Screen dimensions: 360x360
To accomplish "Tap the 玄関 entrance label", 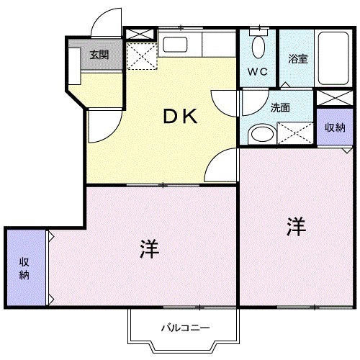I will tap(99, 55).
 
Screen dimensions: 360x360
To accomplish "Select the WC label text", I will tap(258, 71).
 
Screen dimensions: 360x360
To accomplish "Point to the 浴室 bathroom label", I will tap(297, 58).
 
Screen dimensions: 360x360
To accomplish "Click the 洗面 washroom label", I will tap(279, 108).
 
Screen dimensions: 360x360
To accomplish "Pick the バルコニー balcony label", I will tap(184, 328).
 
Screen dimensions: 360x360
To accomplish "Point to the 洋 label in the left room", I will tap(150, 250).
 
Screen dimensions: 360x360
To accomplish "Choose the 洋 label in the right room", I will tap(297, 227).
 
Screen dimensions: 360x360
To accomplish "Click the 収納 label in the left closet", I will tap(24, 267).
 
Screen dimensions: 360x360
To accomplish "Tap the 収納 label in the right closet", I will tap(334, 127).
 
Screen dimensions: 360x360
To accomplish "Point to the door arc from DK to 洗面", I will tap(225, 99).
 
